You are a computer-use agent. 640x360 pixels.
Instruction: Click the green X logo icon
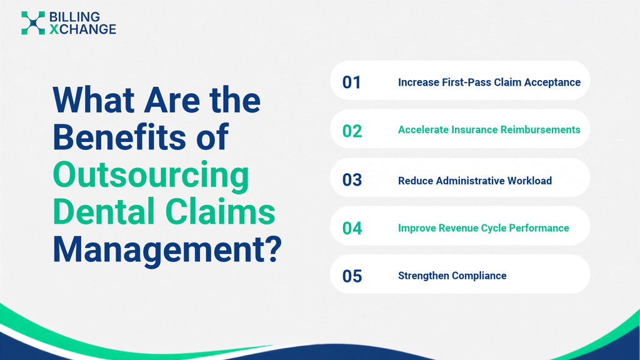point(33,23)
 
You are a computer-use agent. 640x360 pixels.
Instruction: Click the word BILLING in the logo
point(75,17)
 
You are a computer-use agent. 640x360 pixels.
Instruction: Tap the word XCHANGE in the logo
point(83,29)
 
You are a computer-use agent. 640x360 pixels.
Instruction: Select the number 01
point(351,82)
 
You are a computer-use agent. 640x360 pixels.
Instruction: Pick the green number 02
point(352,131)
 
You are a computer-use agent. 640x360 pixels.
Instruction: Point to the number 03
point(352,180)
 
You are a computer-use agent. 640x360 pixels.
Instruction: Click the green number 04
point(352,228)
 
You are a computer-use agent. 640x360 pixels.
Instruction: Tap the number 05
point(352,276)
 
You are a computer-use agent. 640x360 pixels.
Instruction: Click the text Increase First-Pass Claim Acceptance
point(489,82)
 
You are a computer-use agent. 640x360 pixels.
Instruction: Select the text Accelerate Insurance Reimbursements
point(489,130)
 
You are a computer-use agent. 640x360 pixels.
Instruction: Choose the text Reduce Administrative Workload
point(475,181)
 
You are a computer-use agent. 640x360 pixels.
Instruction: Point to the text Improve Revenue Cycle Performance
point(483,228)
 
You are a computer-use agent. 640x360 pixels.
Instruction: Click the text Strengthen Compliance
point(452,276)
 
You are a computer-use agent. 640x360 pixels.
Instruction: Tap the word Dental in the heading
point(104,211)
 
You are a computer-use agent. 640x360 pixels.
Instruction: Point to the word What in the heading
point(94,99)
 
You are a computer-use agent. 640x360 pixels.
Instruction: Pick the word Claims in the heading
point(220,211)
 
